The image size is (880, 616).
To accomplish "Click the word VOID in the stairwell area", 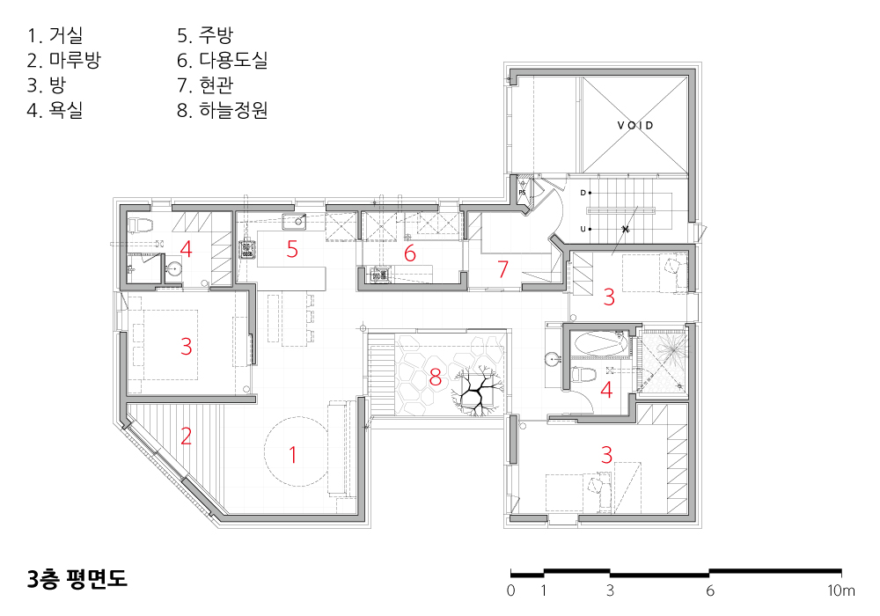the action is coord(635,125).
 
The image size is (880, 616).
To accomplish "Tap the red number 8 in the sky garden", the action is coord(435,378).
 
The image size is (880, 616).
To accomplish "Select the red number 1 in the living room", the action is coord(292,454).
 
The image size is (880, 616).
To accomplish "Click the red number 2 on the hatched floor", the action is coord(186,436).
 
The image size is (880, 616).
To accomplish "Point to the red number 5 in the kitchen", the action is coord(292,249).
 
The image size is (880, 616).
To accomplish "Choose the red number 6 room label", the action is coord(410,253).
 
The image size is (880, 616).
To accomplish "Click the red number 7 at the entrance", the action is coord(502,269).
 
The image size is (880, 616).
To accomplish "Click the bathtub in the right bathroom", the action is coord(598,344).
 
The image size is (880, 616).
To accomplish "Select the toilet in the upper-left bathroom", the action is coord(141,225).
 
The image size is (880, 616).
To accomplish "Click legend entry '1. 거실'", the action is coord(55,35).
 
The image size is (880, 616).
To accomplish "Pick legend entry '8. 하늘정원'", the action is coord(223,110).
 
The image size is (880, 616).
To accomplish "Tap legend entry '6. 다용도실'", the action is coord(223,60).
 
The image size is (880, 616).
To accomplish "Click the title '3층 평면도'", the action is coord(77,579).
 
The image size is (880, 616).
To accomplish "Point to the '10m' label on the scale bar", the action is coord(840,590).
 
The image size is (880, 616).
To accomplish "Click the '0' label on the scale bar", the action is coord(510,590).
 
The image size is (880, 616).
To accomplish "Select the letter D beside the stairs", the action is coord(583,193).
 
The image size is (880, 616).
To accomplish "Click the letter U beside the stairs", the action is coord(583,229).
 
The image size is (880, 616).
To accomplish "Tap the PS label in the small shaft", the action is coord(522,193).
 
